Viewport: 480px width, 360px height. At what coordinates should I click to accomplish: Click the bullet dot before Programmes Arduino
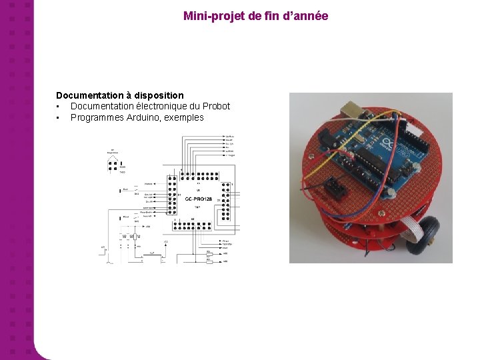click(59, 118)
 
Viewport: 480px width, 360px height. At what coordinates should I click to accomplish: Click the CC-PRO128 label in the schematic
click(198, 199)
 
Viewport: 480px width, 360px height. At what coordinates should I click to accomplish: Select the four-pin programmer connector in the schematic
click(113, 164)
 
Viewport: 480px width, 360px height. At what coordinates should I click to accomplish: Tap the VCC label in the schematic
click(165, 241)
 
